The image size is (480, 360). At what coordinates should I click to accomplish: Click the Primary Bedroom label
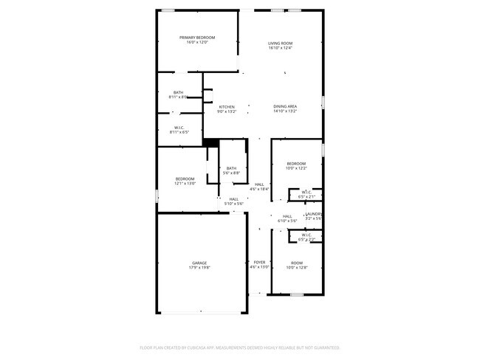point(197,38)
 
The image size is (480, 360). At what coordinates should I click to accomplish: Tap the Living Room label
point(281,44)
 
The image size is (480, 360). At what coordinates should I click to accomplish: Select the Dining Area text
point(285,106)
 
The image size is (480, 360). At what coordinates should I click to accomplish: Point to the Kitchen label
point(227,107)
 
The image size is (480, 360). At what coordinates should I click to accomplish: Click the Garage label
point(199,263)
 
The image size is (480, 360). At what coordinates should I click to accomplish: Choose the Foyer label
point(259,263)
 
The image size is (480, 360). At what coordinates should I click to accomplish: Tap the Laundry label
point(314,214)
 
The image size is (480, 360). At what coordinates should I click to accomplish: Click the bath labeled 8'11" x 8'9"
point(179,92)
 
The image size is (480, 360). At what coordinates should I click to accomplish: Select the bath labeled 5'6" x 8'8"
point(232,168)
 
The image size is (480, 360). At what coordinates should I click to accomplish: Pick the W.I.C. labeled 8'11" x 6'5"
point(179,128)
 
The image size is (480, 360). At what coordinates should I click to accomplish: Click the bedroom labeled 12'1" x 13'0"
point(185,179)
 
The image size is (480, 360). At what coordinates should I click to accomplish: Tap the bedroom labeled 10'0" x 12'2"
point(296,163)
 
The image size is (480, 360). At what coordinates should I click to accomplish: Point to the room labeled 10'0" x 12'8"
point(296,263)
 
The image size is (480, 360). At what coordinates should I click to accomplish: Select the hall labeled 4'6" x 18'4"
point(259,184)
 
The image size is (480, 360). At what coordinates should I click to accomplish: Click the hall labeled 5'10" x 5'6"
point(233,199)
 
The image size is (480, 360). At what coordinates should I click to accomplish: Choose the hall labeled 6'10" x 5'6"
point(287,216)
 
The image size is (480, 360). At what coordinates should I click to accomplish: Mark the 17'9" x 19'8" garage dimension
point(199,268)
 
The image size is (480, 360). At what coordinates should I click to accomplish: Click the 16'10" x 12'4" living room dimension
point(281,48)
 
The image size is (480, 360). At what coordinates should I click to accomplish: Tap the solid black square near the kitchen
point(210,143)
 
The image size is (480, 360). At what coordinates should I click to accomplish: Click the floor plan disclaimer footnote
point(240,347)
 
